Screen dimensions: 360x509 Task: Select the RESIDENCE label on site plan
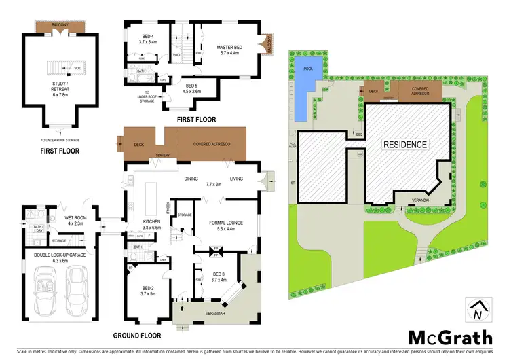[x=405, y=144]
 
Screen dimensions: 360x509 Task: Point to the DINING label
[x=191, y=179]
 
